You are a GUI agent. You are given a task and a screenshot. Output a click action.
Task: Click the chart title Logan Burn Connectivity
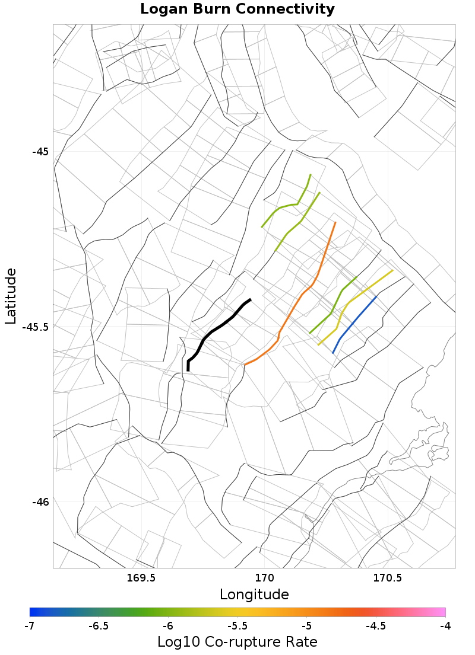[237, 9]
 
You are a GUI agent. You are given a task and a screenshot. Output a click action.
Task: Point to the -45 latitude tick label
[40, 151]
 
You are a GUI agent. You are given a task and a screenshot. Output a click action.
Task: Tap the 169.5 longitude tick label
[141, 577]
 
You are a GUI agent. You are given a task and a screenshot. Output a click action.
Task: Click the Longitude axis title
[254, 594]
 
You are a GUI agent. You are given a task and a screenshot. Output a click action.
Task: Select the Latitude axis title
[11, 295]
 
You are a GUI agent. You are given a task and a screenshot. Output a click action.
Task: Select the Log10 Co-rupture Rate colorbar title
[237, 642]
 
